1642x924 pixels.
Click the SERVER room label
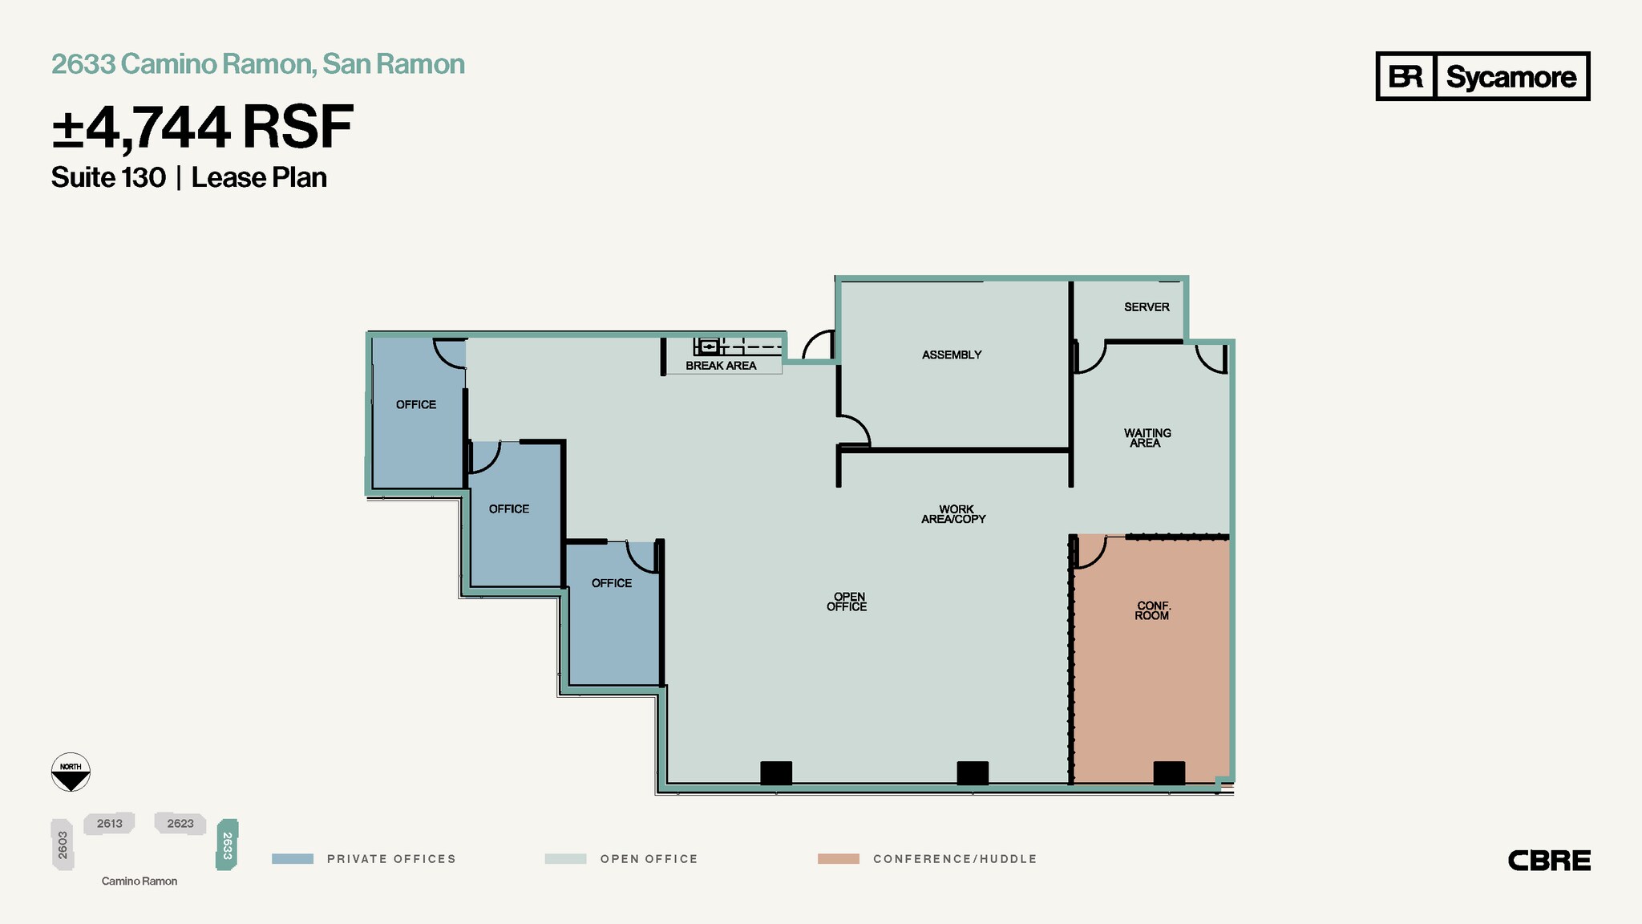click(x=1147, y=307)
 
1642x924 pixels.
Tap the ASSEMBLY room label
click(x=952, y=355)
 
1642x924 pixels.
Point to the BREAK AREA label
click(x=721, y=366)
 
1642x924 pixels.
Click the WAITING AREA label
click(x=1147, y=438)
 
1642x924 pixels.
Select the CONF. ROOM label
click(x=1152, y=610)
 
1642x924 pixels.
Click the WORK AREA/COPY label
click(x=954, y=514)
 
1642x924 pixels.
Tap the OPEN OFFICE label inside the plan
click(x=847, y=602)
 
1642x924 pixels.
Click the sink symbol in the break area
click(x=708, y=346)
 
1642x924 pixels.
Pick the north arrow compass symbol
click(x=71, y=772)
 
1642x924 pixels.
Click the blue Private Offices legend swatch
click(x=293, y=859)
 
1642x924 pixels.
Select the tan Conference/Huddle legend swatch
click(x=838, y=859)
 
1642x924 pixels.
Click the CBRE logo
click(x=1549, y=861)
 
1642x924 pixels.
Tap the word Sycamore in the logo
click(x=1511, y=77)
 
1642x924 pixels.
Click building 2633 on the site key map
click(x=227, y=845)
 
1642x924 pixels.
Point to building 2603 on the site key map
click(x=63, y=845)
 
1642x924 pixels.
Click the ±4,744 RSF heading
click(x=202, y=128)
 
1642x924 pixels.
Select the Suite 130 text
click(x=108, y=177)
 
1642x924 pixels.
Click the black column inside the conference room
click(x=1169, y=773)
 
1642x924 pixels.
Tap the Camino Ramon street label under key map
click(x=140, y=881)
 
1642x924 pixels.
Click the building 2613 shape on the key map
click(x=110, y=824)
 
